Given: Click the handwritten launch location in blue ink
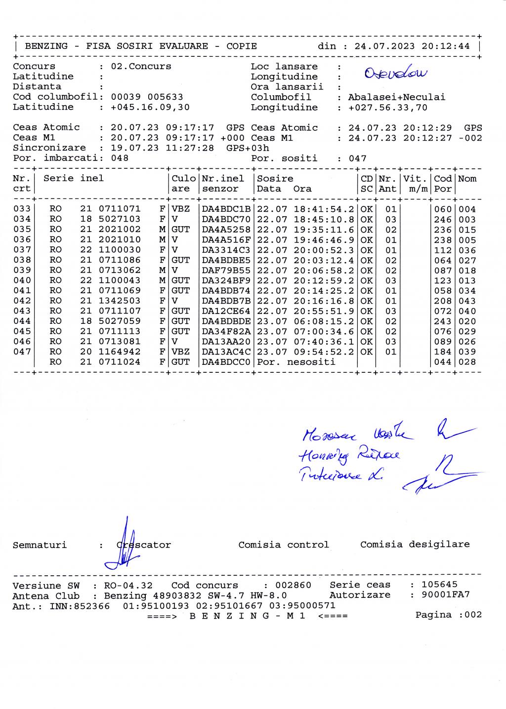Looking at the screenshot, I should [x=396, y=74].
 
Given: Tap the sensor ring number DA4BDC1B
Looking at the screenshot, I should [x=226, y=209].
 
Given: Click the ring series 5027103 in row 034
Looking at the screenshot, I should [x=120, y=219].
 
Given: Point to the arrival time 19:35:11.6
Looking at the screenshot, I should [x=324, y=230].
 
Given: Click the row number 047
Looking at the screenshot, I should [x=22, y=352].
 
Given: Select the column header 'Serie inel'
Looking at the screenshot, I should [x=74, y=179].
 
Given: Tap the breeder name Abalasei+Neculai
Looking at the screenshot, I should [x=396, y=97].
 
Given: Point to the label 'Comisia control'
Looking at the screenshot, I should [x=283, y=545].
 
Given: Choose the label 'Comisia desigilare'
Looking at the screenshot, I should [x=415, y=544].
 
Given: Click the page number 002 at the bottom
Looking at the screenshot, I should [x=473, y=615].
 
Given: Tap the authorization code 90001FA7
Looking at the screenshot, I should [x=446, y=594].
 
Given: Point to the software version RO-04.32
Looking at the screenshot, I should [x=128, y=586].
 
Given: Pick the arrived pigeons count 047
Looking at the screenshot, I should [x=357, y=158].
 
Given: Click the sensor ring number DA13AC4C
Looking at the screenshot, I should [x=226, y=352].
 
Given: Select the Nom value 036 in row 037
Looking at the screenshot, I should [x=467, y=250].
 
